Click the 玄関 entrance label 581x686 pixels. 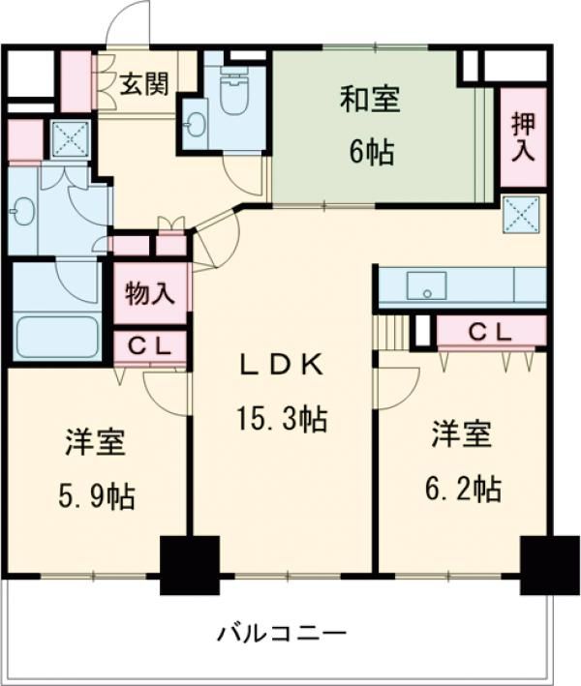coord(144,84)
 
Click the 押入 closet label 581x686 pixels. coord(524,136)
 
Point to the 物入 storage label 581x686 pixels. coord(150,293)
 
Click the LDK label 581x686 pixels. coord(282,366)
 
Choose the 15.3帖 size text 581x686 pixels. coord(282,420)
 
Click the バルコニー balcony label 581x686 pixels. coord(281,636)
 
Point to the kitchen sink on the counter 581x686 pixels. coord(426,286)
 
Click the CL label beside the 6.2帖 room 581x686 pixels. coord(490,332)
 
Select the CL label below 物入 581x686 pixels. coord(150,345)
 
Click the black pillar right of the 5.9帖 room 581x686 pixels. coord(190,564)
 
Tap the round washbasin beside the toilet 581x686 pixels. coord(198,124)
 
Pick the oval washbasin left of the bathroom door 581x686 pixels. coord(25,210)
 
